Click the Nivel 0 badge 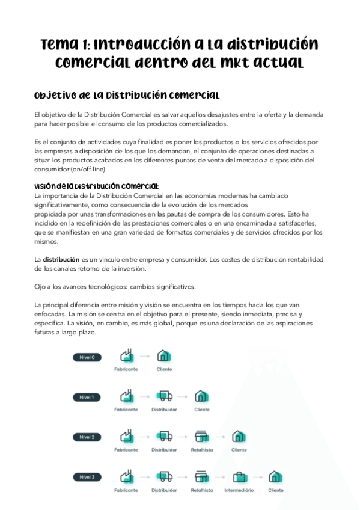point(87,357)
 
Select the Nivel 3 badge point(87,477)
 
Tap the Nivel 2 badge point(87,437)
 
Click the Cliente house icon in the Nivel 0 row point(164,356)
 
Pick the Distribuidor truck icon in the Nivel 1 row point(164,396)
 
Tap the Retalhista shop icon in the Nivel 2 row point(202,437)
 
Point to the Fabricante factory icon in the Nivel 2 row point(126,437)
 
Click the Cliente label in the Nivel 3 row point(276,490)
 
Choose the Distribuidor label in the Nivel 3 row point(164,490)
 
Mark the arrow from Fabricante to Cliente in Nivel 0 point(145,356)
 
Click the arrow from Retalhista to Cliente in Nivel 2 point(221,437)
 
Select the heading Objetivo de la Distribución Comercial point(126,96)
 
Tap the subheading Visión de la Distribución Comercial point(97,186)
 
